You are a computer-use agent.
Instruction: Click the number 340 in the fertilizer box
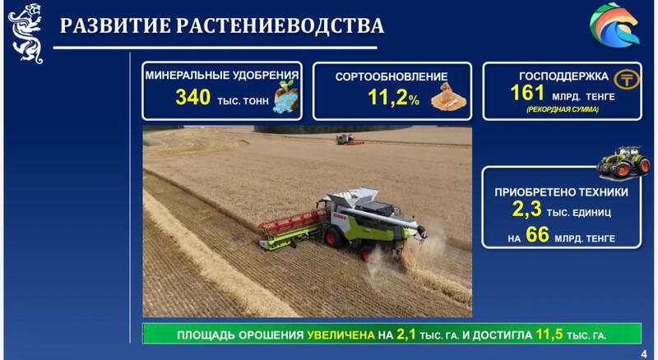[x=192, y=97]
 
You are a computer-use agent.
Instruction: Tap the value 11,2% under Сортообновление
[x=393, y=98]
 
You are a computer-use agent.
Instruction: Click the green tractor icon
[x=623, y=161]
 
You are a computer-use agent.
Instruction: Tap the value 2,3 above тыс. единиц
[x=526, y=210]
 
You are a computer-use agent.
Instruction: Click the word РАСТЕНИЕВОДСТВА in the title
[x=280, y=26]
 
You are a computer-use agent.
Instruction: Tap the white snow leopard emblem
[x=25, y=33]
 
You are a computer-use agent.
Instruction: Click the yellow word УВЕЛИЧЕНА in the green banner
[x=341, y=335]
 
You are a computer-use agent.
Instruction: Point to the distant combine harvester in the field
[x=349, y=140]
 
